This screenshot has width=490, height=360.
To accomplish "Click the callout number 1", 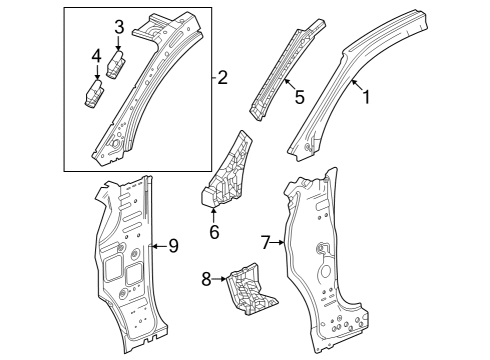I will [x=366, y=98].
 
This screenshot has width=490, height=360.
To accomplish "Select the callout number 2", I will [x=223, y=77].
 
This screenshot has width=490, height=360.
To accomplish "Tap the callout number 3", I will [x=118, y=27].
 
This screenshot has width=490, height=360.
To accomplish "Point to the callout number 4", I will [x=96, y=55].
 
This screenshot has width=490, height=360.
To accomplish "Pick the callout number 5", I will [x=298, y=97].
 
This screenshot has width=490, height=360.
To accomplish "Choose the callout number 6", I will [x=213, y=232].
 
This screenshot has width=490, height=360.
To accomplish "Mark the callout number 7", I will [x=266, y=242].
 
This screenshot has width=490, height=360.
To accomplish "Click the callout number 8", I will [x=207, y=279].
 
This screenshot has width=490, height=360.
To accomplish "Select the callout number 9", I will [x=173, y=246].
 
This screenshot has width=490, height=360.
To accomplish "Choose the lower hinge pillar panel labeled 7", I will [x=320, y=270].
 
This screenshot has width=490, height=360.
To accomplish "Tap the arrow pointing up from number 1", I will [x=356, y=84].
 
